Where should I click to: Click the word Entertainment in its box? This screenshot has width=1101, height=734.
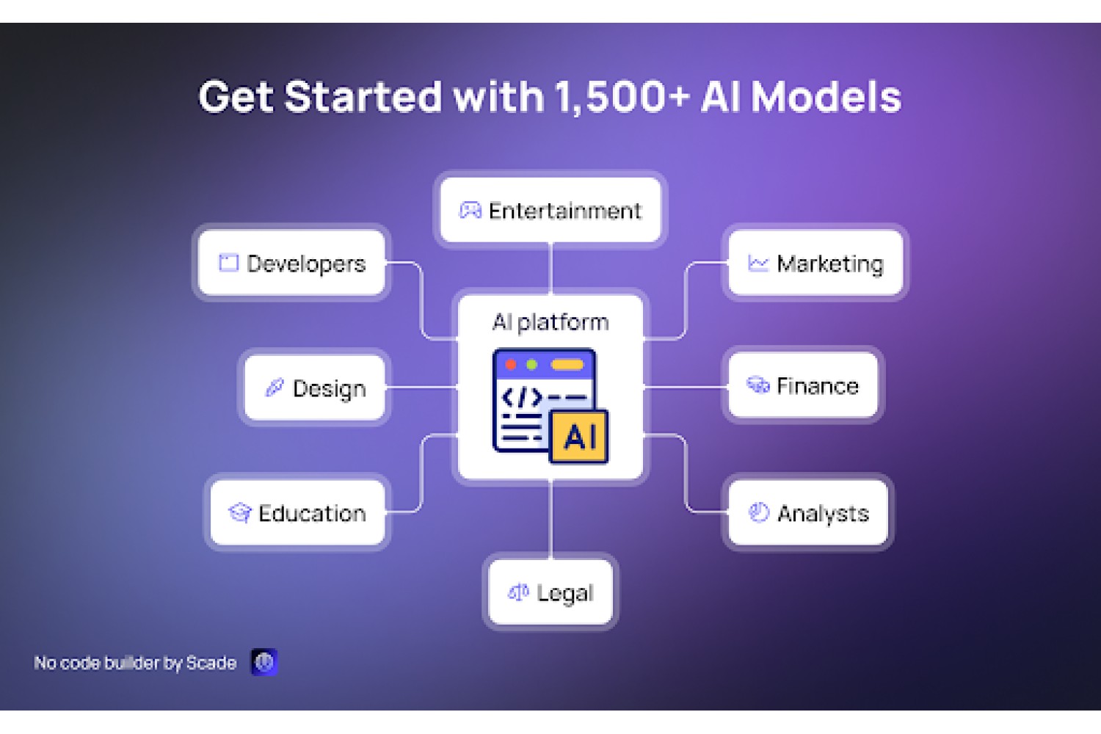(x=564, y=211)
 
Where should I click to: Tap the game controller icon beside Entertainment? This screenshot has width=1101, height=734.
(x=470, y=210)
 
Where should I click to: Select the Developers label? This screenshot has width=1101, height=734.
(x=306, y=264)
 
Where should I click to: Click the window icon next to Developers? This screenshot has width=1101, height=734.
(x=228, y=263)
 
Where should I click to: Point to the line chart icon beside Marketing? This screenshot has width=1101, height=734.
(x=757, y=263)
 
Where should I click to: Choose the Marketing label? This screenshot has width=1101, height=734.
(x=830, y=264)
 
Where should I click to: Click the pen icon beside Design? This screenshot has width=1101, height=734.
(x=275, y=388)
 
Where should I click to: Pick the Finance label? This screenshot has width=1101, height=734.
(x=818, y=386)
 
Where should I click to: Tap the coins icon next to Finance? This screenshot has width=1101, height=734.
(x=758, y=385)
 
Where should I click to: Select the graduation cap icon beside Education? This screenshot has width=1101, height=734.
(x=240, y=512)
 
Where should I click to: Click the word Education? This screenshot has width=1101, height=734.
(x=312, y=513)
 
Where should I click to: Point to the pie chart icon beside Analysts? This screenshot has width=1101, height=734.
(x=758, y=512)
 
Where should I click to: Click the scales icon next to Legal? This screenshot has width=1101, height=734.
(x=518, y=592)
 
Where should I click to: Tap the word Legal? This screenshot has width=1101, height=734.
(x=565, y=593)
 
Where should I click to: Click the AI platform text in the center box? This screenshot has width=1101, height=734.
(x=550, y=322)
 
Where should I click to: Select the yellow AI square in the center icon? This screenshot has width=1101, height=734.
(x=579, y=437)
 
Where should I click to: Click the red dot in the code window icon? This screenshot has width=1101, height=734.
(x=511, y=364)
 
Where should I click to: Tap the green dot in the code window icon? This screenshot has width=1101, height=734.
(x=531, y=364)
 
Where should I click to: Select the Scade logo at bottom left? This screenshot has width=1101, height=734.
(x=264, y=662)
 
